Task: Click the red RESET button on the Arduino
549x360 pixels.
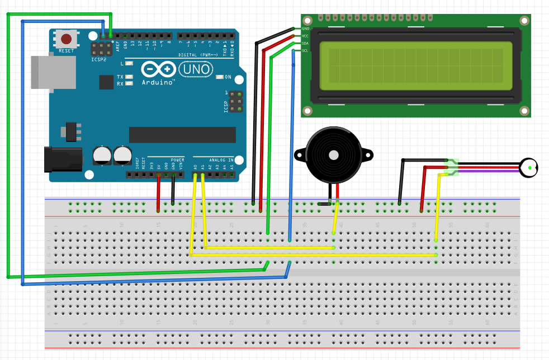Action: pos(67,39)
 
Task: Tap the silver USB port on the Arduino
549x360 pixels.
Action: pos(54,72)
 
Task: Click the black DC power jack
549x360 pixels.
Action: pos(63,159)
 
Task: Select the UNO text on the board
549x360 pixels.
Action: pos(196,69)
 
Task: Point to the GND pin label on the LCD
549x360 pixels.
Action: pos(305,28)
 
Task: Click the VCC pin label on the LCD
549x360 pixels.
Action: pos(305,36)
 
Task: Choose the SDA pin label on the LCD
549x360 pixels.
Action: pos(305,43)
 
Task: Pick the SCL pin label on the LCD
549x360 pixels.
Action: pos(305,51)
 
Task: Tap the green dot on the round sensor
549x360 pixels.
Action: pos(529,167)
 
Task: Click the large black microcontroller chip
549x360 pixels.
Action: pos(182,135)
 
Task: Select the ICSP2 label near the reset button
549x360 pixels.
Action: pos(99,58)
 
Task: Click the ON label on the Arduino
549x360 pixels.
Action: pos(228,77)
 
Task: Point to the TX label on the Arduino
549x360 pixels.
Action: pos(120,77)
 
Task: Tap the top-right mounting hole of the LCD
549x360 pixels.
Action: pos(524,21)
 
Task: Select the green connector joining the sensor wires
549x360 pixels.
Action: pos(452,167)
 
